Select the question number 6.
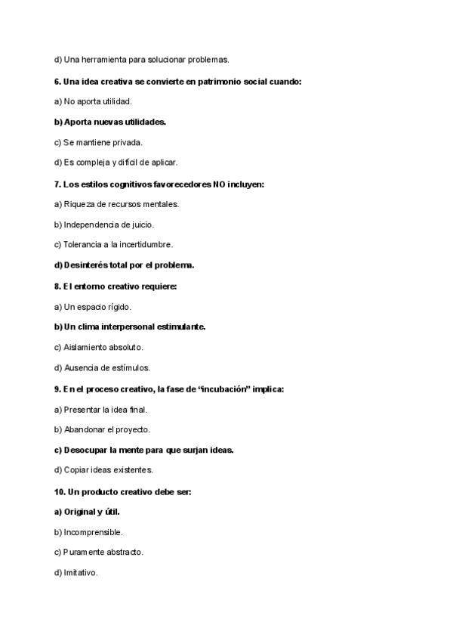click(x=57, y=80)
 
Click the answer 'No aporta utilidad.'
click(x=93, y=101)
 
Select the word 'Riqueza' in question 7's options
click(x=79, y=203)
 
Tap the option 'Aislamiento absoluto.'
click(x=98, y=347)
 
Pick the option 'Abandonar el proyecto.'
click(x=102, y=429)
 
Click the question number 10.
click(x=60, y=491)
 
